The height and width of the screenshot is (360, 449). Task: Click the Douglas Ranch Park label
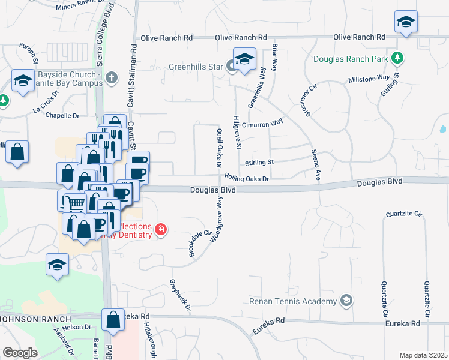click(x=351, y=59)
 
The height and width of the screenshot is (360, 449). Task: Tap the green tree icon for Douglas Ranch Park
click(x=396, y=58)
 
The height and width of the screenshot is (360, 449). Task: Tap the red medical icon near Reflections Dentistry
click(x=160, y=229)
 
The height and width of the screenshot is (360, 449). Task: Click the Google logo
click(x=20, y=353)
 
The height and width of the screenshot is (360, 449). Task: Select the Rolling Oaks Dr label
click(x=246, y=178)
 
